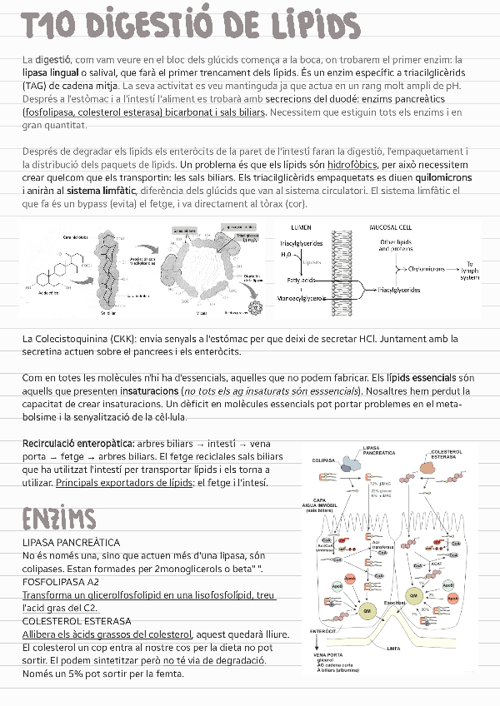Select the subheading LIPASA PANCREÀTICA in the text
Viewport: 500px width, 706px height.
click(71, 543)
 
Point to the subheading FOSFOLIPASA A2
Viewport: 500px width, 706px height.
click(60, 582)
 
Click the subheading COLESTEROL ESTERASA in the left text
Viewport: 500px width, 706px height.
click(77, 621)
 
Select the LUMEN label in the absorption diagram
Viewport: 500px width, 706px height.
click(301, 227)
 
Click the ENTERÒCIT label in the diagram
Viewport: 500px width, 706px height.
click(322, 631)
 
